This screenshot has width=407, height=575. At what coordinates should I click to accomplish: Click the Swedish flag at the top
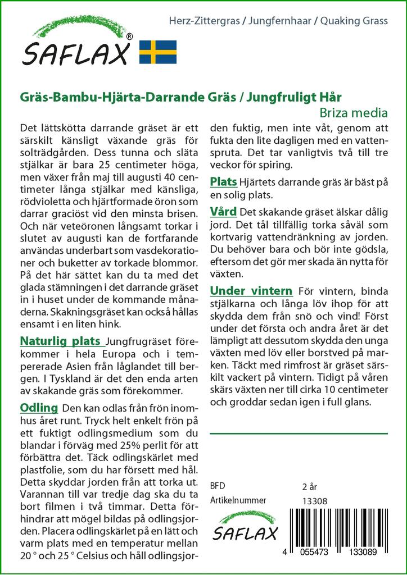pos(158,52)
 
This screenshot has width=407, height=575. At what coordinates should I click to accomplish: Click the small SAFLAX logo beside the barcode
pos(245,527)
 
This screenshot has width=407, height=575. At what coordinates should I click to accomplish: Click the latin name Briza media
pos(358,112)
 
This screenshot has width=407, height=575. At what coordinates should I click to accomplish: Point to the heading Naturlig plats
pos(61,341)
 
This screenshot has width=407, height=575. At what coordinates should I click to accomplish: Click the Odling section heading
pos(39,408)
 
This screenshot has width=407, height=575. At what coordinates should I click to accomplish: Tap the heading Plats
pos(223,182)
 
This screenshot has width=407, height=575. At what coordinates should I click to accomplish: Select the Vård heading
pos(223,212)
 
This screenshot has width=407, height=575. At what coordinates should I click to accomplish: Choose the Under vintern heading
pos(251,291)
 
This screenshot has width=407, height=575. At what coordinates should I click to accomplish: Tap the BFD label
pos(217,486)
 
